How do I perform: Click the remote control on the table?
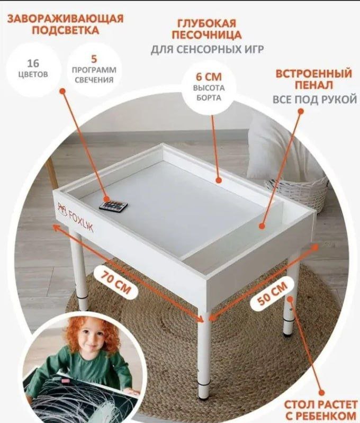(112, 205)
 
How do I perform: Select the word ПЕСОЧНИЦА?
(207, 35)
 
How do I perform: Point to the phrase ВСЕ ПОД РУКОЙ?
(314, 100)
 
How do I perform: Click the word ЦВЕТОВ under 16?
(33, 75)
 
